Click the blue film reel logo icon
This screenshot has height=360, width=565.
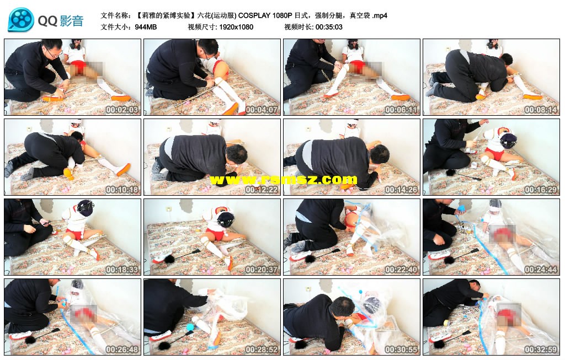(21, 20)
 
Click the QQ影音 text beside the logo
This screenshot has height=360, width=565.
(61, 21)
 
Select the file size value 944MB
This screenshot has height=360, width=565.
(146, 27)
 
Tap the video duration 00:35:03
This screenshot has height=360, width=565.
(329, 27)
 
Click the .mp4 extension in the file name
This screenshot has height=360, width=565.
(380, 15)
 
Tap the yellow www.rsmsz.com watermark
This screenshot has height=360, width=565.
(283, 179)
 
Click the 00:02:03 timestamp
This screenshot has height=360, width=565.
(122, 110)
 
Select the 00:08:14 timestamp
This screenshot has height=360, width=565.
(541, 110)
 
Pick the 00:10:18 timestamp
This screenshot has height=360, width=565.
(122, 189)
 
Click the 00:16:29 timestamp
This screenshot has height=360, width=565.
(541, 189)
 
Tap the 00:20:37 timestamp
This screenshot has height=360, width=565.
(261, 269)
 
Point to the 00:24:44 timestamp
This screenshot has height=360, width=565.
(541, 269)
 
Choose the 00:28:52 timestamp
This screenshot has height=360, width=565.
(261, 349)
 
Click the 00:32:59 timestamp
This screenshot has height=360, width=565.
(541, 349)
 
